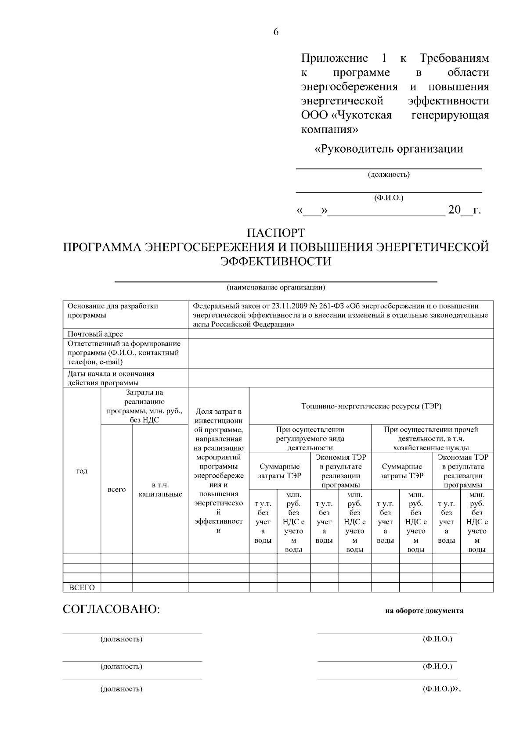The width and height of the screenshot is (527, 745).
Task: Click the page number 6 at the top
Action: coord(276,32)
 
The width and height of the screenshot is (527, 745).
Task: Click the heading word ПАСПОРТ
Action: coord(276,233)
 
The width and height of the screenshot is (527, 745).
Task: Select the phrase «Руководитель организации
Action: coord(389,149)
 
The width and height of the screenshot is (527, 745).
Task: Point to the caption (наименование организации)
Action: coord(276,288)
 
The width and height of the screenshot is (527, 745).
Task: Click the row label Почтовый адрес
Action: coord(95,334)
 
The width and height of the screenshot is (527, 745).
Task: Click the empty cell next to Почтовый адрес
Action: coord(340,334)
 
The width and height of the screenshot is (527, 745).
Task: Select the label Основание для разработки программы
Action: coord(112,311)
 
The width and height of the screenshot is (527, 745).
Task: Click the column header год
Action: coord(82,471)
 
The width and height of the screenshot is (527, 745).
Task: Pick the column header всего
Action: coord(116,489)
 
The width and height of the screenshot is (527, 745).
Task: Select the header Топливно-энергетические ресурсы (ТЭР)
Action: coord(371,406)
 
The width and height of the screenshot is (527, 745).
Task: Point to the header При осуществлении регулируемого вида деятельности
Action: coord(310,438)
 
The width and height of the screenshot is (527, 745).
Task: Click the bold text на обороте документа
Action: coord(424,610)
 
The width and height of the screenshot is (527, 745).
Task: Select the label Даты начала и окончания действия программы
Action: coord(111,378)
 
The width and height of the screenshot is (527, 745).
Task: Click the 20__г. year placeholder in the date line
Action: coord(464,210)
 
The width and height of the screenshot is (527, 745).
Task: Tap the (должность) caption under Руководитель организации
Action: coord(389,175)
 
